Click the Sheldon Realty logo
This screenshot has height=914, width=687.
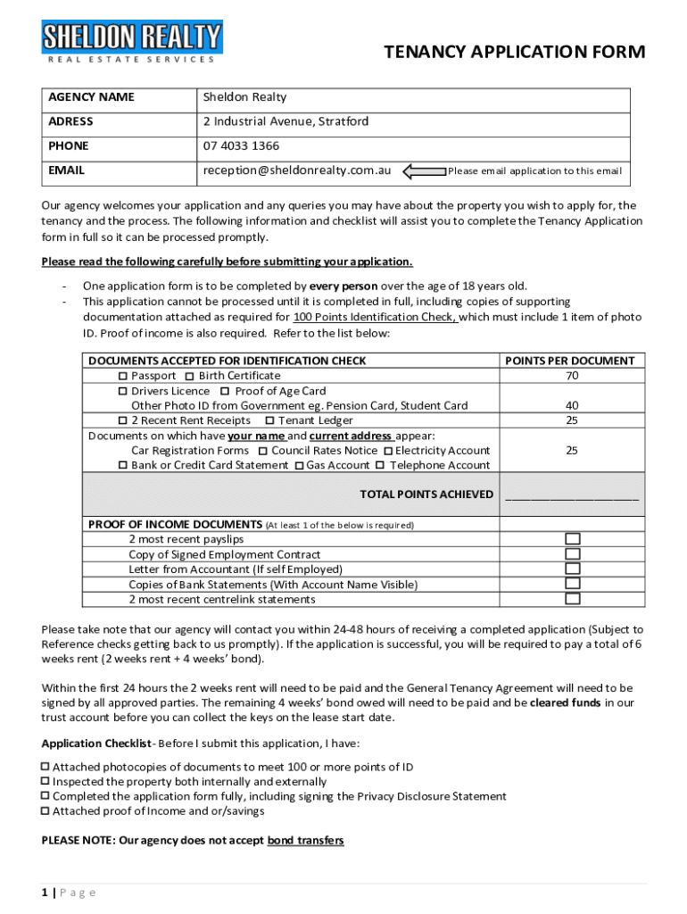click(132, 42)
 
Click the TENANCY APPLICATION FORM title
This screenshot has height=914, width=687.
click(514, 53)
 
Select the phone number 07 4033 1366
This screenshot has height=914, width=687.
click(241, 145)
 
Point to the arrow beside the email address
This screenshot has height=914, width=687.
click(424, 170)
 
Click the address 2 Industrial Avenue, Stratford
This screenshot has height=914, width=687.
click(286, 121)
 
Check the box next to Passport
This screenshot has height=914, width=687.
click(124, 377)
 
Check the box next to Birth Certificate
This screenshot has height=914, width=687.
click(191, 377)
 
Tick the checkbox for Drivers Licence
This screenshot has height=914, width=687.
click(124, 392)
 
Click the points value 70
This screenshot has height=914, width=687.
click(571, 376)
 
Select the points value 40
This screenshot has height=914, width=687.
click(571, 406)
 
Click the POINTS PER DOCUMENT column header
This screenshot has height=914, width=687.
click(570, 361)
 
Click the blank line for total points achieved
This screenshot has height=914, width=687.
click(572, 495)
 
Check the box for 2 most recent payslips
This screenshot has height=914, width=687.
click(572, 539)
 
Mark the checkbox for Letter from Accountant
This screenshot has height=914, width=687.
click(572, 569)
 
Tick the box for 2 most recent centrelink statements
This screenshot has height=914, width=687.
click(572, 599)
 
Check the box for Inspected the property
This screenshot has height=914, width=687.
click(46, 782)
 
